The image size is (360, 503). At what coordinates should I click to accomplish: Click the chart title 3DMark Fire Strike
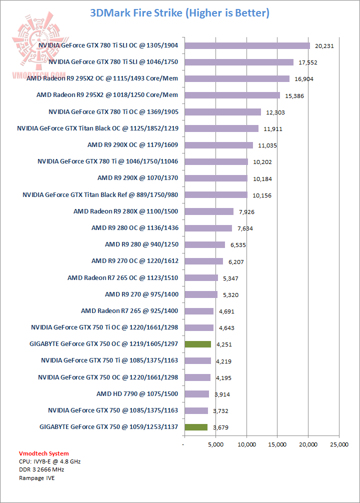pos(179,13)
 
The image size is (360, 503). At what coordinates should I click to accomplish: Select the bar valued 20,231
pos(247,45)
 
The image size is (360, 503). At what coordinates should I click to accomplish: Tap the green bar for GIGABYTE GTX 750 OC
pos(197,344)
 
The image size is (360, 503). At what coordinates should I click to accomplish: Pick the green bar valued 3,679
pos(195,427)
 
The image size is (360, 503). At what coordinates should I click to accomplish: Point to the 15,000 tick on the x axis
pos(277,443)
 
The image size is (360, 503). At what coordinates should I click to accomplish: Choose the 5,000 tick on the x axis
pos(215,443)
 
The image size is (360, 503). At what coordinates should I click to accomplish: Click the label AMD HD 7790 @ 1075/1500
pos(137,394)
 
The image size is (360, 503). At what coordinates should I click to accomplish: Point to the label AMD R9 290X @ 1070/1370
pos(137,178)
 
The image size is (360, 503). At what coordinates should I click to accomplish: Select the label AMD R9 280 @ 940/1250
pos(141,244)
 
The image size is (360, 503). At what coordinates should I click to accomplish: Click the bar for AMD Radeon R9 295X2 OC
pos(236,78)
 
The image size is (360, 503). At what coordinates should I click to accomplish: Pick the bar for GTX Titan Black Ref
pos(215,194)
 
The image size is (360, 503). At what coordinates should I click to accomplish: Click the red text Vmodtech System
pos(44,453)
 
